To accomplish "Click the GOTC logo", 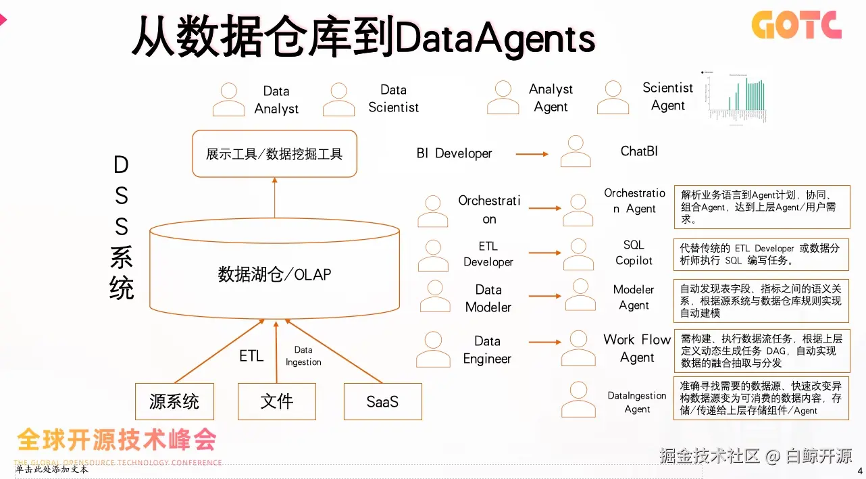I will [796, 25].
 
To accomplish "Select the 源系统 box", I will [174, 402].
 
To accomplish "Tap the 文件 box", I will [277, 402].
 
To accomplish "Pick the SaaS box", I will [382, 402].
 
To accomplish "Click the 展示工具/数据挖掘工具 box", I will [274, 154].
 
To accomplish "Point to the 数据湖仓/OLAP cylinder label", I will [274, 274].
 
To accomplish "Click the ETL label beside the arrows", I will [251, 355].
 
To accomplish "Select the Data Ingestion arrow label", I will [303, 356].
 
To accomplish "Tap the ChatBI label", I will [639, 151].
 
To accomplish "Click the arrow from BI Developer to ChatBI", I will [532, 154].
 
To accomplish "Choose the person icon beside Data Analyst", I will [229, 99].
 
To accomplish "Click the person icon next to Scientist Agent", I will [613, 97].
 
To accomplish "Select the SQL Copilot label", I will [634, 253].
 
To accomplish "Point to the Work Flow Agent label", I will [637, 349].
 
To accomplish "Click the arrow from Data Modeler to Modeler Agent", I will [544, 296].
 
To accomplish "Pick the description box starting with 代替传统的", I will [761, 254].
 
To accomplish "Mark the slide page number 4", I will [860, 470].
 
